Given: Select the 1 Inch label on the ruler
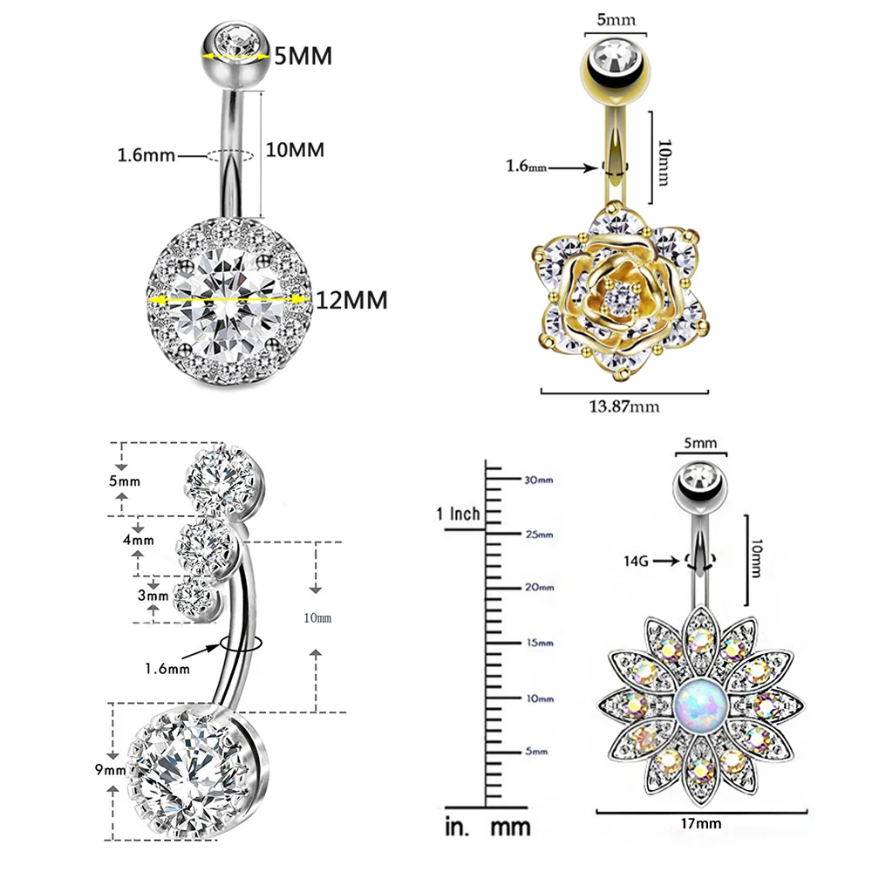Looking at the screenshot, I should [x=459, y=513].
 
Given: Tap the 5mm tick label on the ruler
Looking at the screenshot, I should [x=535, y=751].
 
